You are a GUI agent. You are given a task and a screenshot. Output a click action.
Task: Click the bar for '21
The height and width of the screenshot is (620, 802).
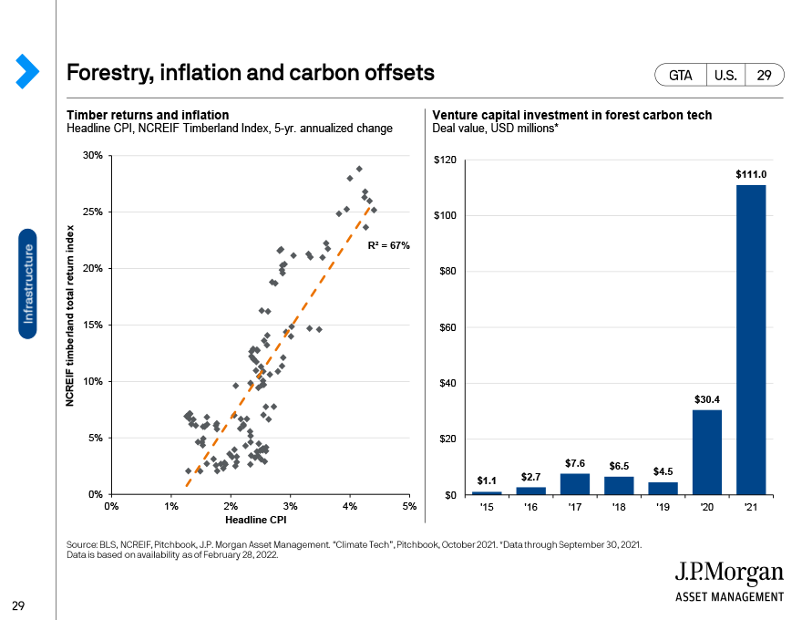point(751,340)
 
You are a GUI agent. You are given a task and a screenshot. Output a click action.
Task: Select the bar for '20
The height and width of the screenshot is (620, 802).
point(707,452)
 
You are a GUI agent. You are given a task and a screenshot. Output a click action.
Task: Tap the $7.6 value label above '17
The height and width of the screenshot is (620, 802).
point(575,463)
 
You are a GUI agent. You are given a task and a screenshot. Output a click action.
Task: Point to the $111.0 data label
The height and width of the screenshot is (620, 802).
point(751,174)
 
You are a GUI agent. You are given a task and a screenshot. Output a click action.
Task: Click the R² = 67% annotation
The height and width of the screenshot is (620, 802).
point(389,245)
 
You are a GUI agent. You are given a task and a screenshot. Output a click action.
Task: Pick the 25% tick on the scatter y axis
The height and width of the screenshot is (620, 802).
point(93,212)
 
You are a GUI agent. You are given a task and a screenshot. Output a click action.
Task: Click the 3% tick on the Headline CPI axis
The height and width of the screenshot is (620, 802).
point(290,506)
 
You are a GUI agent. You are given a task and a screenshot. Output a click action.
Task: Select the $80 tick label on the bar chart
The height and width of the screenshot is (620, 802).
point(447,271)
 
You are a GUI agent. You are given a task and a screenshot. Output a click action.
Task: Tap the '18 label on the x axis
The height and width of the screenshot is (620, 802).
point(619,507)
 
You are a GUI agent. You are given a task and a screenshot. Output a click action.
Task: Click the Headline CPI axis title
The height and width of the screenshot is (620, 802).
point(256,520)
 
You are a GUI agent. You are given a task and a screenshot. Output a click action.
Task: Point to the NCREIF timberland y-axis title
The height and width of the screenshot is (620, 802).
point(70,316)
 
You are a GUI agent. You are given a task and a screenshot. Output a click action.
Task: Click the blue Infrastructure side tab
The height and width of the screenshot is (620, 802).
point(27,284)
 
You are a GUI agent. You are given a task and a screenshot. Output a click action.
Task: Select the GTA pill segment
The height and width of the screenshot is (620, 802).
point(680,75)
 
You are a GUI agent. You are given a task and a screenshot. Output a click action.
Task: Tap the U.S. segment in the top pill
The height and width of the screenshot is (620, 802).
point(725,75)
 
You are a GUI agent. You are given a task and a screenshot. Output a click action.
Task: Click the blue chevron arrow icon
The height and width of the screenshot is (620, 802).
point(27,71)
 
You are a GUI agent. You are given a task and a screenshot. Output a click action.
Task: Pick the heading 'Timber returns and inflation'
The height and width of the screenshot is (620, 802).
point(148,115)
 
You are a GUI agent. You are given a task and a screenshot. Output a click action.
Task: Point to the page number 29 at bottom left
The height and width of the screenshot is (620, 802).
point(18,605)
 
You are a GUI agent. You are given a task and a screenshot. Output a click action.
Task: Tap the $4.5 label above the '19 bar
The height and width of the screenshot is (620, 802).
point(663,471)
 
